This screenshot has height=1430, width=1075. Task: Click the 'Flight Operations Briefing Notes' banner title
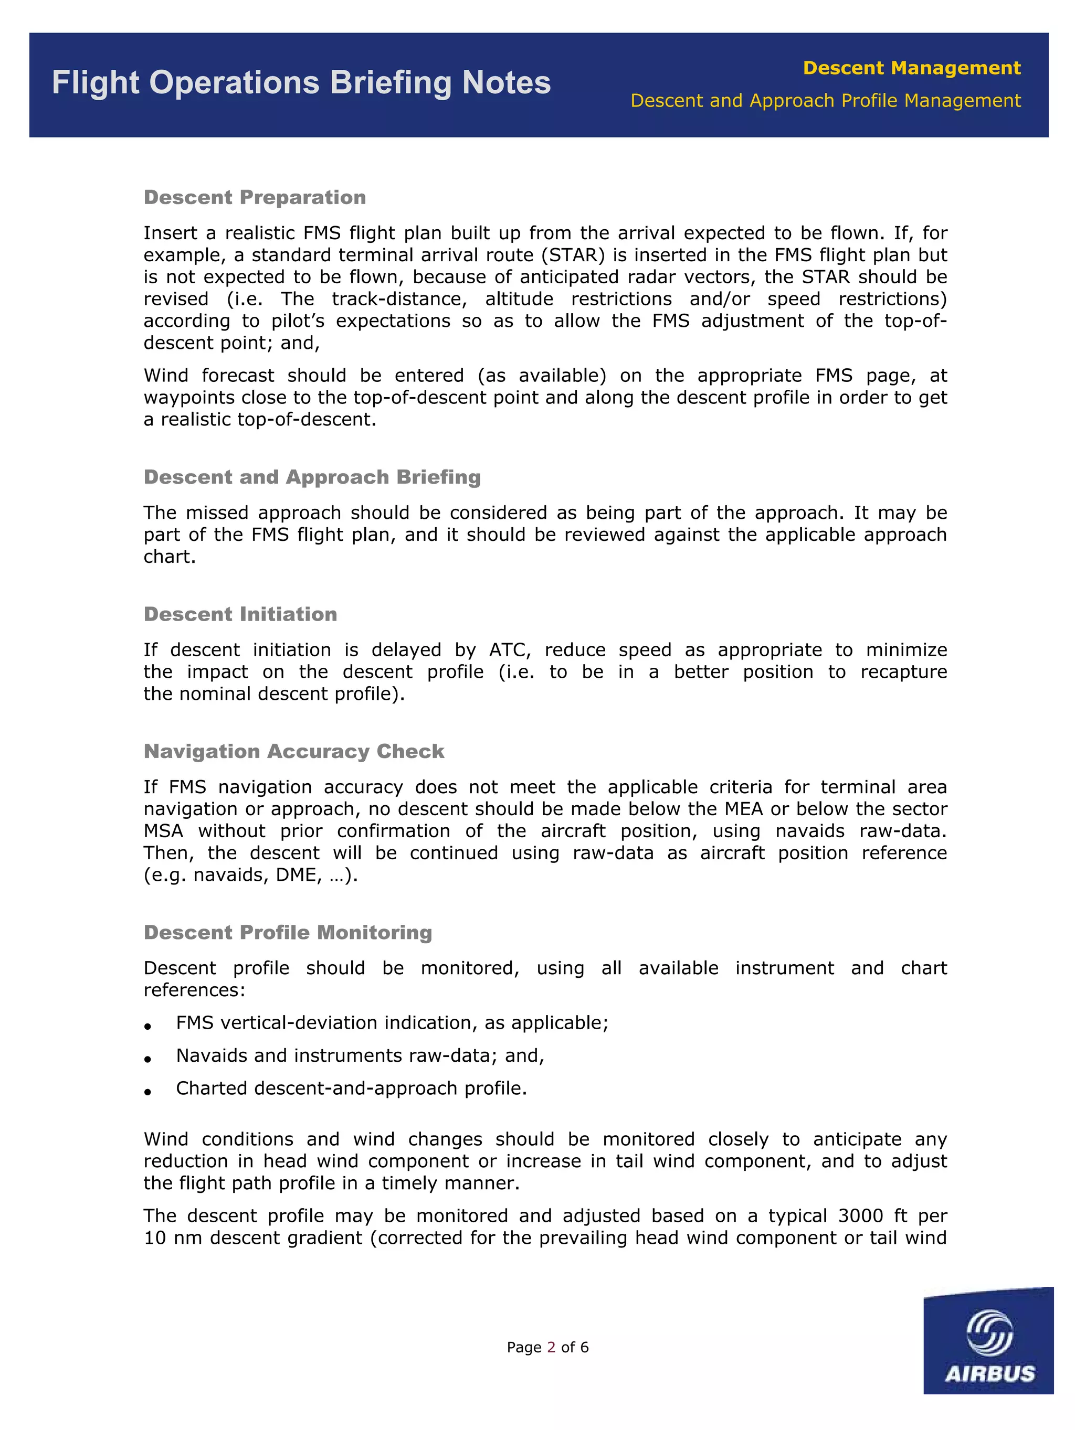(x=301, y=83)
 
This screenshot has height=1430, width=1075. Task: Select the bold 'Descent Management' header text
(x=911, y=68)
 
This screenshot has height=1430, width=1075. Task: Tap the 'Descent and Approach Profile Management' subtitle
(x=825, y=101)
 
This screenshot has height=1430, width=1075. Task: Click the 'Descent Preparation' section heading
(x=255, y=197)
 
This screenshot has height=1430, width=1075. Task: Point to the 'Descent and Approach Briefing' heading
(x=312, y=477)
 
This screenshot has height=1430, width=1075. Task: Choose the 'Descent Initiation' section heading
(x=240, y=614)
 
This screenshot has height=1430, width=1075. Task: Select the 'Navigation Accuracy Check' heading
(x=293, y=751)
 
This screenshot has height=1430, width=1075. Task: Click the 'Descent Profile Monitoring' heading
(x=288, y=932)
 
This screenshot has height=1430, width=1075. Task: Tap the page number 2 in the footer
(x=551, y=1347)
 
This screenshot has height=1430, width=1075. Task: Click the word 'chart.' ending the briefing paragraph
(x=170, y=557)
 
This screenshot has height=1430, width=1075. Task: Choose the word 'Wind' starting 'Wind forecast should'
(x=164, y=376)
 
